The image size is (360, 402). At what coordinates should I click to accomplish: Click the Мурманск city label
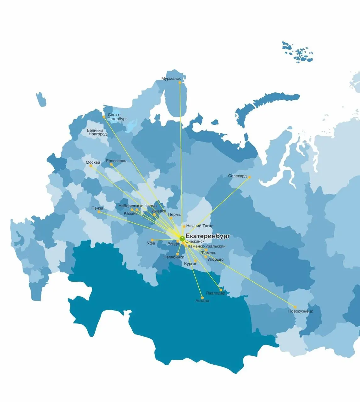pos(171,79)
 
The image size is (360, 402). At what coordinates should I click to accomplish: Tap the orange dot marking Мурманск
pos(180,83)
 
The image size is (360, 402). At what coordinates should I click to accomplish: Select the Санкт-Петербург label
pos(117,117)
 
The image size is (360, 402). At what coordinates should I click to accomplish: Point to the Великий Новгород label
pos(97,132)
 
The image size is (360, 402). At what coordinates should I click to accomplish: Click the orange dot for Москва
pos(91,166)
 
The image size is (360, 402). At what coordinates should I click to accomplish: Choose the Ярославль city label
pos(116,161)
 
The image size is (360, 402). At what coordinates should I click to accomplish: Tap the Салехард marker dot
pos(249,177)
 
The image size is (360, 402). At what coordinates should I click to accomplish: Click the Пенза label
pos(97,208)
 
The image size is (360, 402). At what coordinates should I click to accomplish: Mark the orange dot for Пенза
pos(99,212)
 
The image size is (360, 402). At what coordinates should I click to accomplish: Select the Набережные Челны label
pos(138,206)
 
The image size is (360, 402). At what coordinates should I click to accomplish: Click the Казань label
pos(130,214)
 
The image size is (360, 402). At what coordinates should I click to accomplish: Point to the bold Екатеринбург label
pos(208,236)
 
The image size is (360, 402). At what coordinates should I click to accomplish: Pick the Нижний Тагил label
pos(200,226)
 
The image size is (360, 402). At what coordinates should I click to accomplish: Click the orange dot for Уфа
pos(152,240)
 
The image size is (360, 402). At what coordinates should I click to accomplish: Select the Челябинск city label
pos(174,257)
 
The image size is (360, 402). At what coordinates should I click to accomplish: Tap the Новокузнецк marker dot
pos(295,307)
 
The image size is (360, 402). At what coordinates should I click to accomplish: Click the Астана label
pos(202,301)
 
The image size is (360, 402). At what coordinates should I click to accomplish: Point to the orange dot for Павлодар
pos(221,290)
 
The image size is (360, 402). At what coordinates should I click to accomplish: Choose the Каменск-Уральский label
pos(206,247)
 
